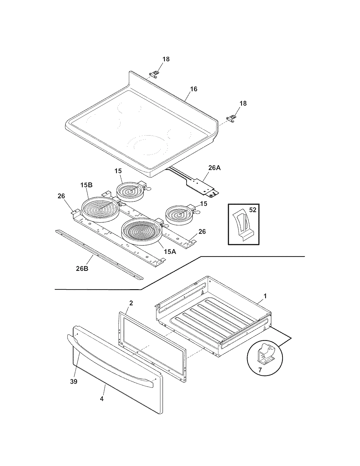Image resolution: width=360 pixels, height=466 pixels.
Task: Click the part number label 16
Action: (193, 89)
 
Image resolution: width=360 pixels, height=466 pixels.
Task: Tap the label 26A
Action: (214, 168)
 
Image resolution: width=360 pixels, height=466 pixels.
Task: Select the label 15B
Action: (86, 186)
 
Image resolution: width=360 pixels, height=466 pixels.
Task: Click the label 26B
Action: (82, 268)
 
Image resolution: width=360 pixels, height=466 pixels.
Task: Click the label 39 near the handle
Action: (73, 382)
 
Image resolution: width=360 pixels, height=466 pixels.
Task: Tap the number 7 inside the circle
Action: (260, 369)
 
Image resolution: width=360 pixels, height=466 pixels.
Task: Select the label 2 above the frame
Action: (131, 303)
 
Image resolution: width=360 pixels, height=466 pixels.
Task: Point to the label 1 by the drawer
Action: (265, 296)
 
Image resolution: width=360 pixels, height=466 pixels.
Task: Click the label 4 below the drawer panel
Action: (102, 399)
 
